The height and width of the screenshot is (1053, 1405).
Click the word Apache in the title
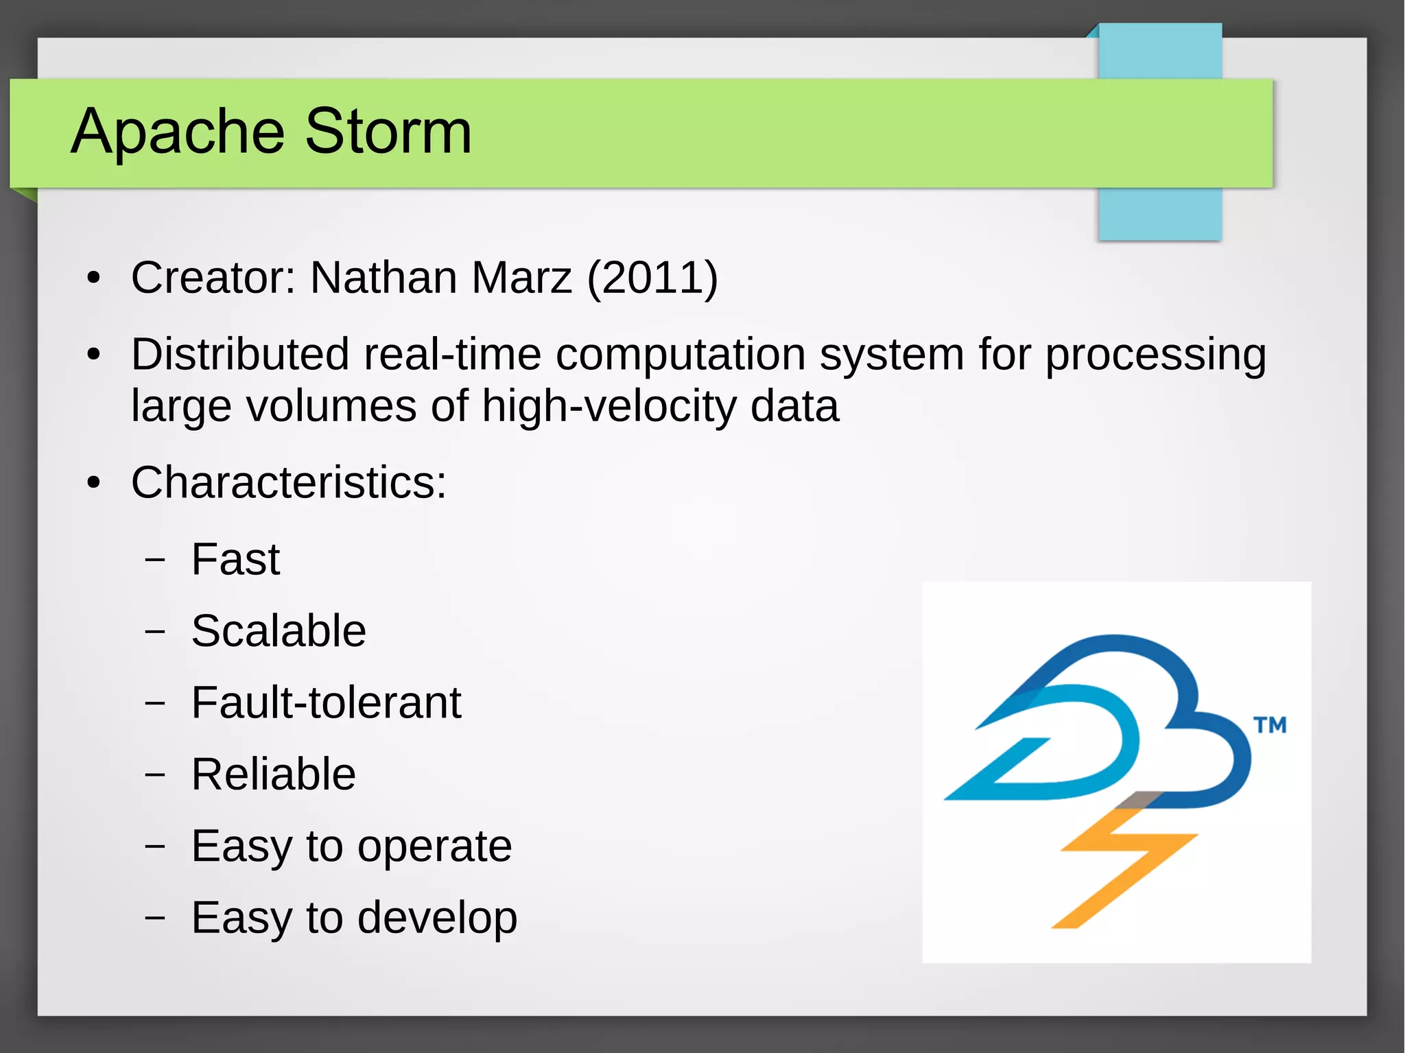pos(177,132)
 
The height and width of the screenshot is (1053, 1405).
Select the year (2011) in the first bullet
pos(652,278)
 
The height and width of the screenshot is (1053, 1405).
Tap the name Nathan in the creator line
pos(383,278)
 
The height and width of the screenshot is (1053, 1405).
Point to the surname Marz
pos(521,278)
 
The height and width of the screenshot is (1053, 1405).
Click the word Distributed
pos(240,355)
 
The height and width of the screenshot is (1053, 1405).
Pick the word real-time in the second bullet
pos(453,355)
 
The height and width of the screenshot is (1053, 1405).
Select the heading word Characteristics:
pos(289,482)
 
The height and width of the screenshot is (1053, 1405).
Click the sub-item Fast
pos(235,559)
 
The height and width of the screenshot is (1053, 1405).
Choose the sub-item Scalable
pos(279,630)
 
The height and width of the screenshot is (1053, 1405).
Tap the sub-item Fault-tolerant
pos(326,702)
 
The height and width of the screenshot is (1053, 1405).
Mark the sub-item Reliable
pos(273,774)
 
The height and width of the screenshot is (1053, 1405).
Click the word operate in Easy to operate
pos(434,847)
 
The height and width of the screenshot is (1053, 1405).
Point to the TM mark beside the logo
pos(1270,725)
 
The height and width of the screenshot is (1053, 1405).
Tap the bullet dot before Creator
pos(94,279)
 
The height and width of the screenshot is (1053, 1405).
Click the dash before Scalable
pos(155,630)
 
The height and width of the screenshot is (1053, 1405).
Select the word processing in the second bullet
pos(1155,355)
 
